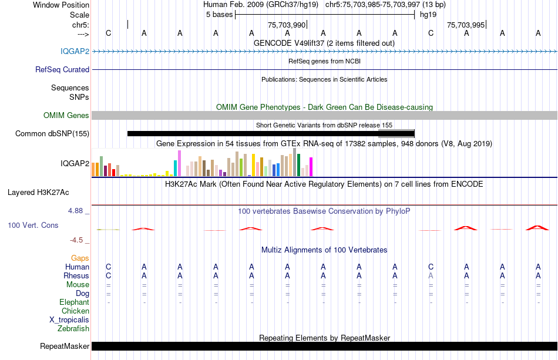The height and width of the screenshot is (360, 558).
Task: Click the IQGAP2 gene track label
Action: (x=75, y=51)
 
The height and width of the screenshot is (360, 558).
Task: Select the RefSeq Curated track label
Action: (x=62, y=69)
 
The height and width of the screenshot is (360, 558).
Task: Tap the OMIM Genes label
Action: (x=66, y=115)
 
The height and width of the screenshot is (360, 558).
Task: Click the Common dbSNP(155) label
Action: (x=52, y=133)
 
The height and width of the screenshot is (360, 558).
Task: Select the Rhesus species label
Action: (x=76, y=275)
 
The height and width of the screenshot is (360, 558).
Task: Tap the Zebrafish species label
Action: (x=73, y=328)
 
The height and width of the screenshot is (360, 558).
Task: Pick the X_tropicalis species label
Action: (x=69, y=319)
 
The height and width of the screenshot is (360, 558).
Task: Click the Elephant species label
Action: (x=74, y=302)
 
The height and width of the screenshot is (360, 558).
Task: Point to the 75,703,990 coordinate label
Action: (x=287, y=25)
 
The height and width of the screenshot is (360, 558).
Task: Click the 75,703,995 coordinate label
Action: (x=466, y=25)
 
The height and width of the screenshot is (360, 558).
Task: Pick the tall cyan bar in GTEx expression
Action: (x=176, y=167)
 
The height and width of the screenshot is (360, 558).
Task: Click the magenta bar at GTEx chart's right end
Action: (x=311, y=167)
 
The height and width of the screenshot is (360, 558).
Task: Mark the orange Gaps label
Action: (x=80, y=258)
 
